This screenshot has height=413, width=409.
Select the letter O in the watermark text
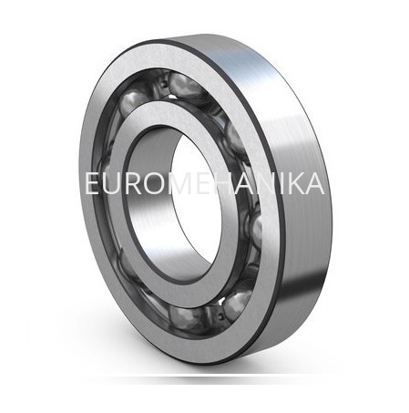pos(155,183)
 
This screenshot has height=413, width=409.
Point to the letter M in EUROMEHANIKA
pos(182,183)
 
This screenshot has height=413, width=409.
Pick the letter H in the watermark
pos(226,183)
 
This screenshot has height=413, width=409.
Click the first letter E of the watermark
pos(92,183)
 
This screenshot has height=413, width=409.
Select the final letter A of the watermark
pos(315,183)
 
